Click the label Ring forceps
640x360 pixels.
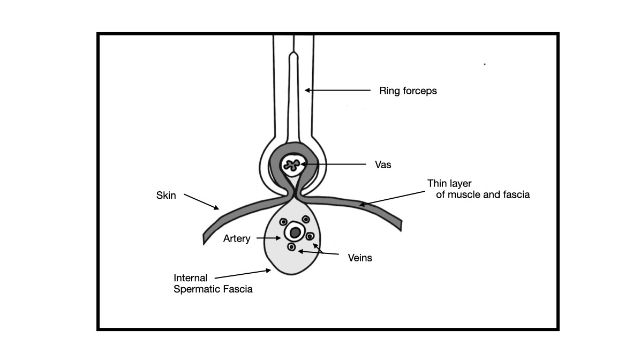pyautogui.click(x=408, y=91)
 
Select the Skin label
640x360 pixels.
pyautogui.click(x=166, y=196)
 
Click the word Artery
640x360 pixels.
pyautogui.click(x=237, y=239)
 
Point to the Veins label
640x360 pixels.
pyautogui.click(x=359, y=258)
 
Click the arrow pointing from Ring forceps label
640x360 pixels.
pyautogui.click(x=337, y=91)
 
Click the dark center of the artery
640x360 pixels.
pyautogui.click(x=294, y=232)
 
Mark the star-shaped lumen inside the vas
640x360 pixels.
pyautogui.click(x=292, y=165)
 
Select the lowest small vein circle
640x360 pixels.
pyautogui.click(x=291, y=247)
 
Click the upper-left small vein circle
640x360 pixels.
pyautogui.click(x=283, y=222)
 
